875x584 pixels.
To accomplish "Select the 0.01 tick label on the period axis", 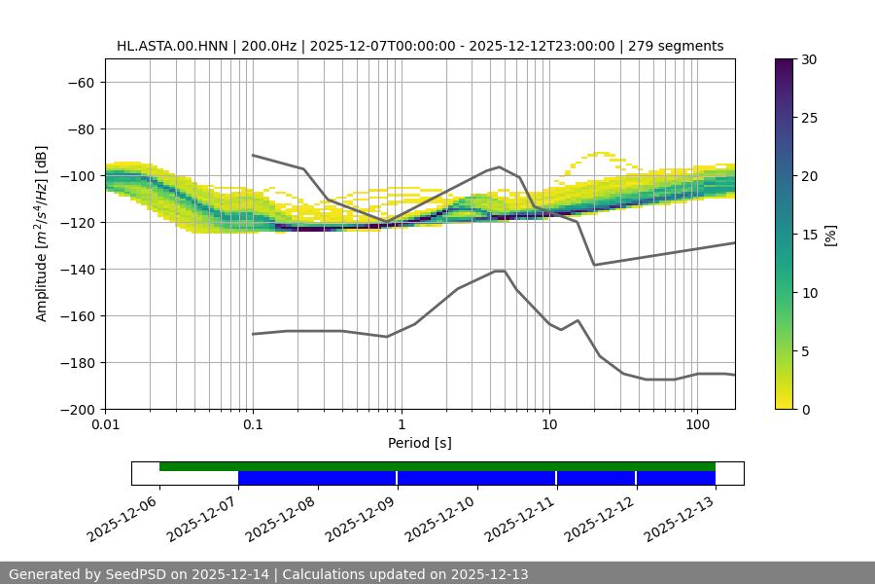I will pos(105,425).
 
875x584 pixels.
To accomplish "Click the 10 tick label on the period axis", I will pos(549,425).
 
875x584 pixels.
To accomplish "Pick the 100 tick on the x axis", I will pos(697,425).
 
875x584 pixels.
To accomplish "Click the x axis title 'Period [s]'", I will pos(420,443).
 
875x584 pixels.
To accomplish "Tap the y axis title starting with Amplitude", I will pos(42,234).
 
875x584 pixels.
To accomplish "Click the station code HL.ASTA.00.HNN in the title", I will pos(171,46).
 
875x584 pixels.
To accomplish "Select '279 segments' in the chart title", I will pos(676,46).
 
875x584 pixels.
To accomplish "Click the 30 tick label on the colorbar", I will pos(808,59).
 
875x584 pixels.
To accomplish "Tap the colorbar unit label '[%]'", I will pos(830,235).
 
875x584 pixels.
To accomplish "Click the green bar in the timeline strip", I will pos(437,466).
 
